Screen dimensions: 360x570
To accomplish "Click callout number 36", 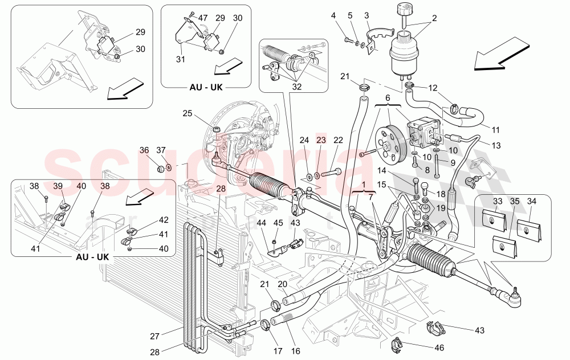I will pyautogui.click(x=144, y=150).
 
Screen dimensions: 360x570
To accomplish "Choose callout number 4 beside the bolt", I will pyautogui.click(x=333, y=15).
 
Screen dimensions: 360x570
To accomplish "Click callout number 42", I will pyautogui.click(x=164, y=220).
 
